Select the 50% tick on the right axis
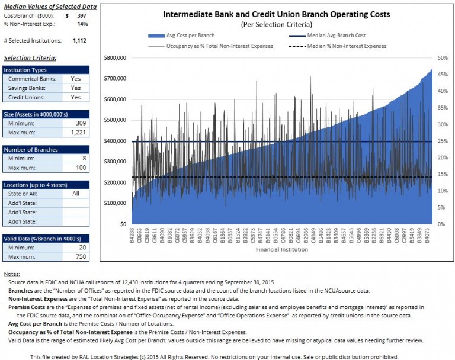coord(441,58)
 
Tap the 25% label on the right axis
coord(441,142)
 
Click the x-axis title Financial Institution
coord(281,250)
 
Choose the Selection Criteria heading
coord(30,58)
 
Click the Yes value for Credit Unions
coord(75,97)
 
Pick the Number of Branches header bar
coord(45,150)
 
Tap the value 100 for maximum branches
coord(81,168)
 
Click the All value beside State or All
coord(75,194)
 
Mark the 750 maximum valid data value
coord(81,256)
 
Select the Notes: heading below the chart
coord(11,275)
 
